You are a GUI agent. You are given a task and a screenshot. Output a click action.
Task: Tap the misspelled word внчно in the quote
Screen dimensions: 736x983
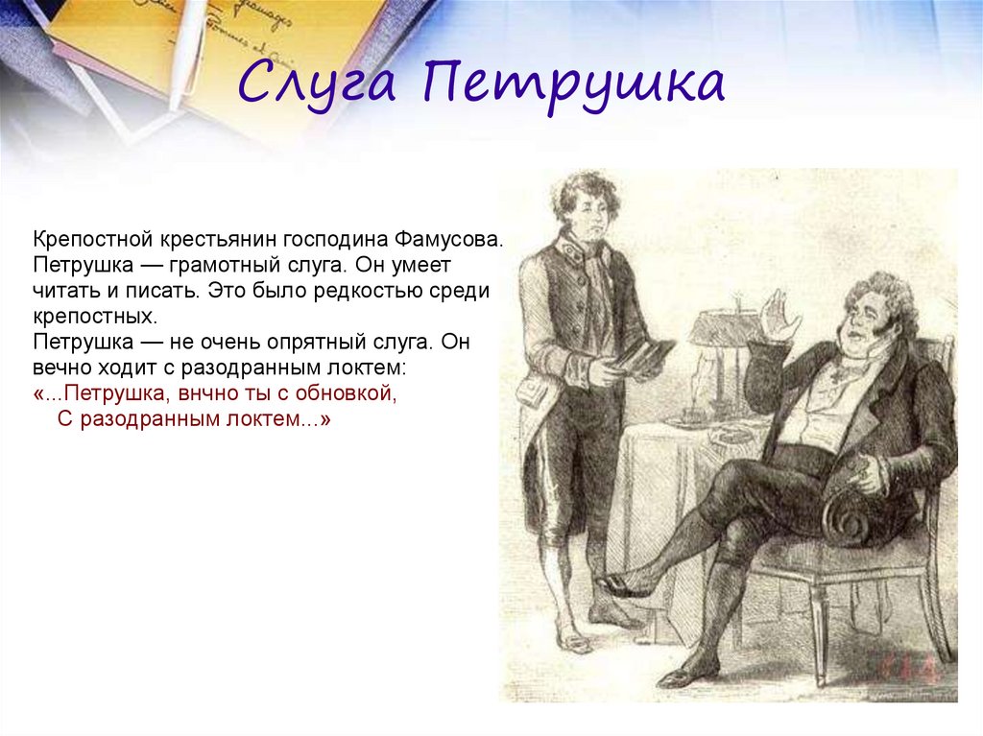229,394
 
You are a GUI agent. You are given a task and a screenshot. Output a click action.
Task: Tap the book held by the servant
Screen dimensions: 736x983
641,355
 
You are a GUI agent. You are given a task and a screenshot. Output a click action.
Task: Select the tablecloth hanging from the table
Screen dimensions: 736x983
662,499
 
